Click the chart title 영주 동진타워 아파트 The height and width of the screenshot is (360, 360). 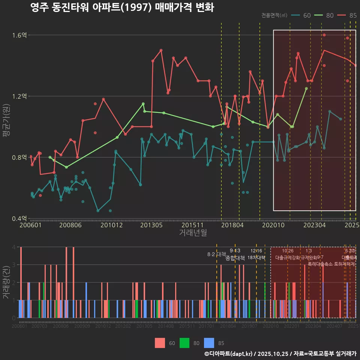(122, 7)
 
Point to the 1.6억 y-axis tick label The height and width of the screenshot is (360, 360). (19, 35)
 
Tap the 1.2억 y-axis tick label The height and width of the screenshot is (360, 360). (19, 96)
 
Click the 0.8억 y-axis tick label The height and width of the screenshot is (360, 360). (19, 157)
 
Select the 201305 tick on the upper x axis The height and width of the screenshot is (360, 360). (151, 225)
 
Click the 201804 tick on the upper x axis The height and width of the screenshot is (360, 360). (232, 225)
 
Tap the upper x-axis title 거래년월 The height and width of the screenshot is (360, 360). (193, 233)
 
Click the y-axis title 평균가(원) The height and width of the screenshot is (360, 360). (6, 127)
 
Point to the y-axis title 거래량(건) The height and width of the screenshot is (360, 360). (6, 282)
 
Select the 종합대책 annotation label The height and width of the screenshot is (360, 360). (235, 258)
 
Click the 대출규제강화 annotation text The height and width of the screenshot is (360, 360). (287, 258)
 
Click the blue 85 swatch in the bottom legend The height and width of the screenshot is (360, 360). (209, 343)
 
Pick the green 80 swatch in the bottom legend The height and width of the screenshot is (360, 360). (184, 343)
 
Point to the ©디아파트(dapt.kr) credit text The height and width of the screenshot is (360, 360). (229, 354)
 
